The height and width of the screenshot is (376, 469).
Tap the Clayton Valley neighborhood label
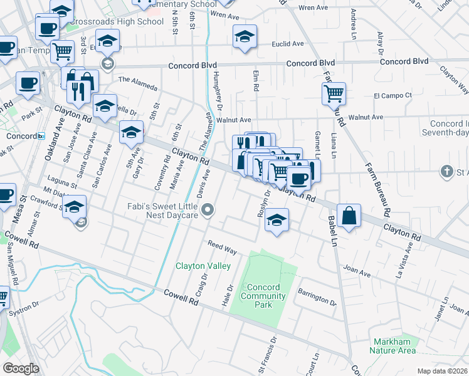203,266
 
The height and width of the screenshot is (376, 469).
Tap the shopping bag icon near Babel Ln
349,216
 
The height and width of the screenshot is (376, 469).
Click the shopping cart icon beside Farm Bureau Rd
334,94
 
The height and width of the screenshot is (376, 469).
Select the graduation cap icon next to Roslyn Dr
276,220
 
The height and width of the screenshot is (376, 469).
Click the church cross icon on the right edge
447,170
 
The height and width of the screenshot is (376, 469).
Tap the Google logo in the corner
21,368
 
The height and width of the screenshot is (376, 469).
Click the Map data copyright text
442,371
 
